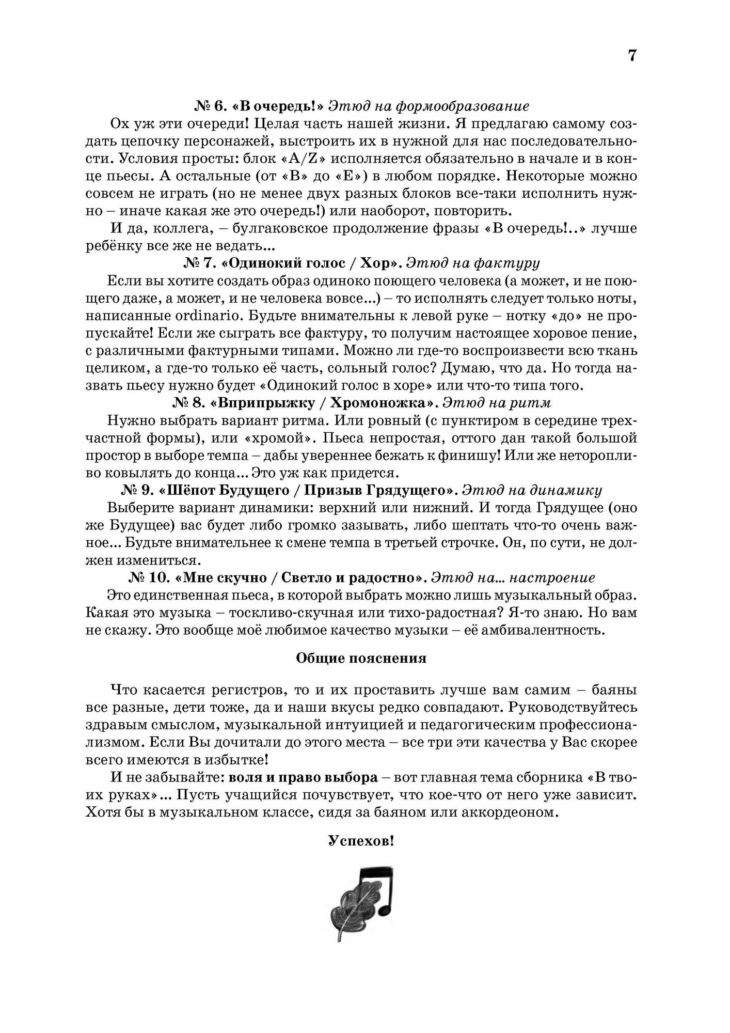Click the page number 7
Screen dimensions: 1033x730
[x=632, y=55]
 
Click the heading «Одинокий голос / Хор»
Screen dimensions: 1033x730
[x=311, y=263]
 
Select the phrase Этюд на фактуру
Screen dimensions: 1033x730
[x=472, y=263]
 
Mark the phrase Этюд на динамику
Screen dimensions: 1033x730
[x=532, y=490]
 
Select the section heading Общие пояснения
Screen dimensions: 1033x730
[x=361, y=659]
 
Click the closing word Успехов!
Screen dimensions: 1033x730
[x=361, y=841]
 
